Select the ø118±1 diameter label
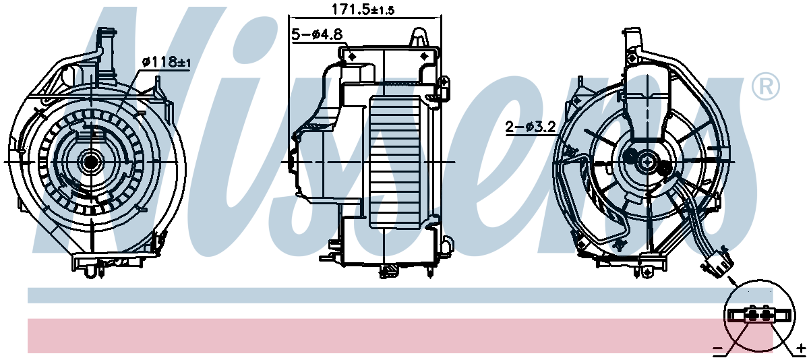tap(167, 62)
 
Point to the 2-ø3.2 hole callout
tap(531, 125)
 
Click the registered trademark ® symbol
tap(765, 86)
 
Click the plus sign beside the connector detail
tap(800, 348)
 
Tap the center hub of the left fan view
tap(90, 161)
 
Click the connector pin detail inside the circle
tap(758, 315)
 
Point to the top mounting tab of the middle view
tap(419, 35)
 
